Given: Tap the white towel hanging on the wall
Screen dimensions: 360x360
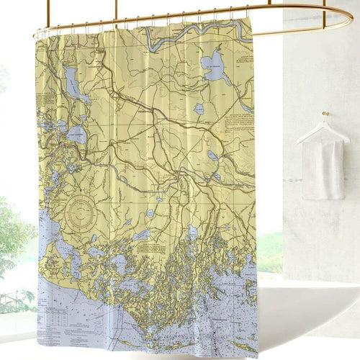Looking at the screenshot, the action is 322,169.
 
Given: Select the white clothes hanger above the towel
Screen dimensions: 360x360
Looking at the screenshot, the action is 323,132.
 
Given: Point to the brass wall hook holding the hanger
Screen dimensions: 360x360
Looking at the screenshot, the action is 325,114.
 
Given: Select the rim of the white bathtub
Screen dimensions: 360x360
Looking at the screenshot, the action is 310,288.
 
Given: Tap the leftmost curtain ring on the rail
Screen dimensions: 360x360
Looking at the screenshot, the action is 37,32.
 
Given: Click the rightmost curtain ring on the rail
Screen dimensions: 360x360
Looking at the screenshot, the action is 247,10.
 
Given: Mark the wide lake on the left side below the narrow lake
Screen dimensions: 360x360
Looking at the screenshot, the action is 76,134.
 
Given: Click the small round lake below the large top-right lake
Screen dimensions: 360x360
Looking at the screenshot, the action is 198,109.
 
